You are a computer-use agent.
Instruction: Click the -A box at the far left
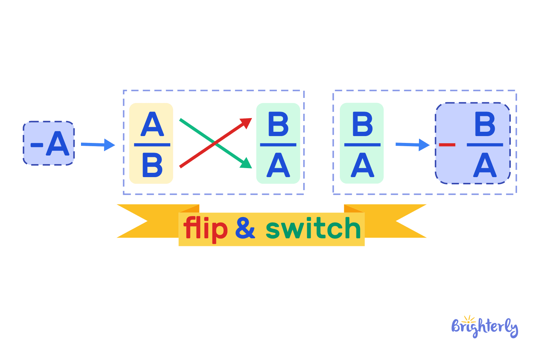(49, 143)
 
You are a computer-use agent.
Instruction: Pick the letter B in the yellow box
(152, 165)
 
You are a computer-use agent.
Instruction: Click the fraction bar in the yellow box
(152, 145)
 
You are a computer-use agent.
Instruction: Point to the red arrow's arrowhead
(247, 122)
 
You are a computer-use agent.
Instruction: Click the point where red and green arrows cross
(215, 143)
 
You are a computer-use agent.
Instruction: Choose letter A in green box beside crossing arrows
(278, 165)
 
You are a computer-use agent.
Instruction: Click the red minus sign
(447, 145)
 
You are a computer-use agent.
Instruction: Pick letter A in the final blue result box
(485, 165)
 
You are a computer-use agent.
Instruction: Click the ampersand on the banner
(245, 228)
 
